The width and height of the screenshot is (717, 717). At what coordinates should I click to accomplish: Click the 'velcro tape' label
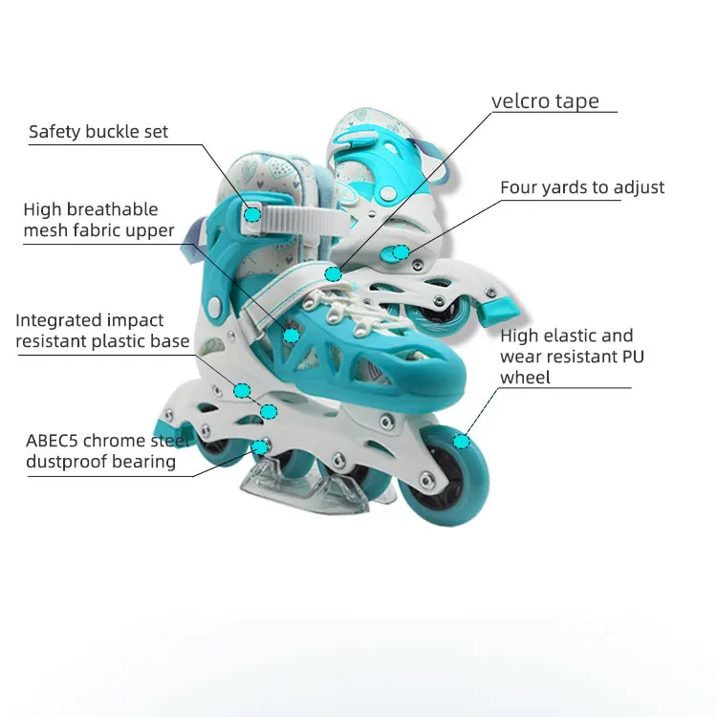coord(545,101)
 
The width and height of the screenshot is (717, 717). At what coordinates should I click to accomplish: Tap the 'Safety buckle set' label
coord(98,132)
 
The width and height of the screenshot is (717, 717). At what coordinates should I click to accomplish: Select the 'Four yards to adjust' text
coord(582,187)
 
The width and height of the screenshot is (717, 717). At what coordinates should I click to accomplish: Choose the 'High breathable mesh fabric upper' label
coord(98,220)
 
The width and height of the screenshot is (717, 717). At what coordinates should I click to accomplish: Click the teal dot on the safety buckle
coord(252,213)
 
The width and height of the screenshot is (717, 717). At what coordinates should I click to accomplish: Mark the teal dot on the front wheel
coord(462,441)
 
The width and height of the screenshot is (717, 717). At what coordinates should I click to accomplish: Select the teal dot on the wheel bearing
coord(258,446)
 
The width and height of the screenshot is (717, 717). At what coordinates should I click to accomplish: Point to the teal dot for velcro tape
coord(333,274)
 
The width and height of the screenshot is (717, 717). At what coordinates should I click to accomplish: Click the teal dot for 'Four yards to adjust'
coord(402,253)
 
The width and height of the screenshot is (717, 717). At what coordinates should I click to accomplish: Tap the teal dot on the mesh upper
coord(292,335)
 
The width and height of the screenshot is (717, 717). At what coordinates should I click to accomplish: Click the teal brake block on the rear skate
coord(499,309)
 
